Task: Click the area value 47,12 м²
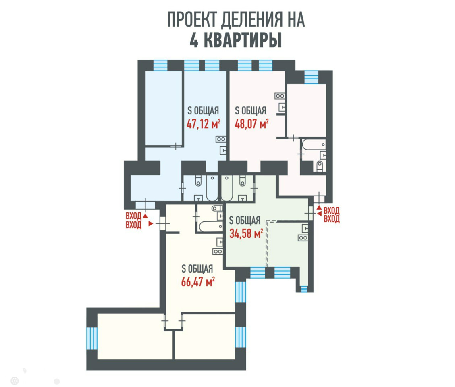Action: pos(203,124)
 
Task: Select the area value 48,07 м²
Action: pos(251,124)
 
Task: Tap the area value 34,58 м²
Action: pos(246,233)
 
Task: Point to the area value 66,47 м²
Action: pos(198,281)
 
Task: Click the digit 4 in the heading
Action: pos(194,41)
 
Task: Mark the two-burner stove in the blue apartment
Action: pos(221,139)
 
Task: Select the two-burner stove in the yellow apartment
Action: pos(218,251)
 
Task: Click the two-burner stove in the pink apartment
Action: pos(280,96)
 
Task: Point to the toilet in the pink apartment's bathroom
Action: pos(320,166)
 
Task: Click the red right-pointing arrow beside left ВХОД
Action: pos(150,223)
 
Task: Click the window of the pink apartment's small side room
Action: pos(311,77)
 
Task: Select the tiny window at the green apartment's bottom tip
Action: pos(303,288)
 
